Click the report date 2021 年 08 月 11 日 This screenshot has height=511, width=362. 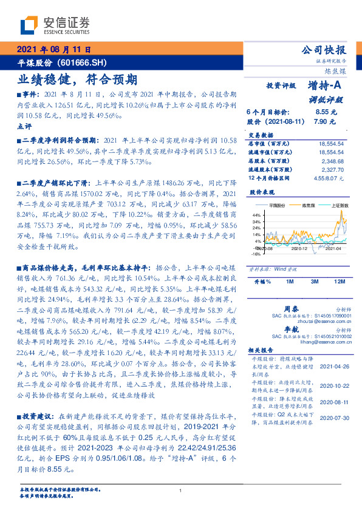pyautogui.click(x=53, y=49)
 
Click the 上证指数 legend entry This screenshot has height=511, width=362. pyautogui.click(x=340, y=206)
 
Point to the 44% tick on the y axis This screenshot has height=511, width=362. pyautogui.click(x=256, y=215)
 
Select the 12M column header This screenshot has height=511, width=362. pyautogui.click(x=339, y=282)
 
